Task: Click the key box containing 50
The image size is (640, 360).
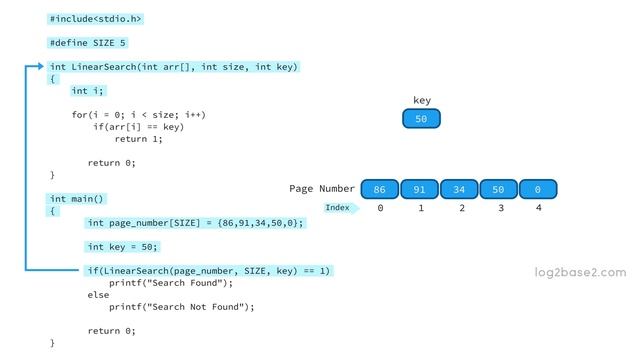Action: point(421,119)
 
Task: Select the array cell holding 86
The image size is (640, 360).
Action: point(379,189)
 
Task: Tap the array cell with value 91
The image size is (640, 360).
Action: point(420,189)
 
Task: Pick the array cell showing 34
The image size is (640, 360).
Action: point(459,189)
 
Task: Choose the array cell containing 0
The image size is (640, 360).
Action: point(537,189)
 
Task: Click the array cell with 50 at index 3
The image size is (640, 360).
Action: point(498,189)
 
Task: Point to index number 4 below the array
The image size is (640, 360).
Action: point(538,208)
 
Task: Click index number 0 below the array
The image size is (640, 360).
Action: point(380,208)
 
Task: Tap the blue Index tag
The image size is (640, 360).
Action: point(338,208)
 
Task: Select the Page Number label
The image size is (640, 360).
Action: point(322,188)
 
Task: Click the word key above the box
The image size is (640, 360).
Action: point(421,101)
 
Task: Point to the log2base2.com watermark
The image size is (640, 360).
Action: point(580,272)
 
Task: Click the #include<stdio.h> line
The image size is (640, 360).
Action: point(95,18)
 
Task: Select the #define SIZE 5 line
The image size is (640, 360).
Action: point(88,43)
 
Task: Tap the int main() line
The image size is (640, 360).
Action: point(77,199)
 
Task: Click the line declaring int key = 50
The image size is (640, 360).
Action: point(123,246)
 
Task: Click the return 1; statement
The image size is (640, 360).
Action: point(138,139)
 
